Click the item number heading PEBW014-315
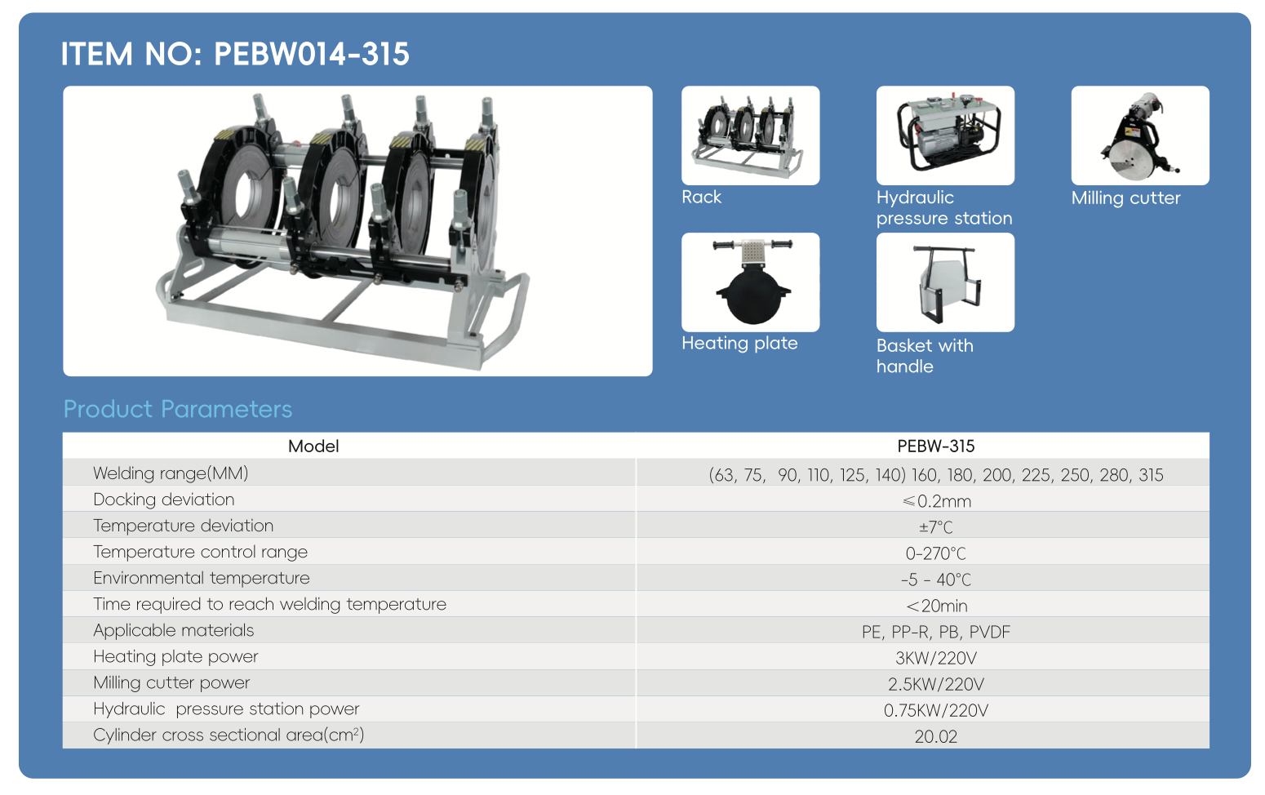(235, 54)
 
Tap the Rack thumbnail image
(751, 135)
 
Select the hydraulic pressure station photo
(945, 135)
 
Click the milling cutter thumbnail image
(1140, 135)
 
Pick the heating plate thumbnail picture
(751, 282)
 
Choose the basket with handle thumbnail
(945, 282)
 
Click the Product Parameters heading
(178, 409)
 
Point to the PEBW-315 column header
(936, 446)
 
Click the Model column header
(313, 446)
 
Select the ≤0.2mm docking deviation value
(936, 501)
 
